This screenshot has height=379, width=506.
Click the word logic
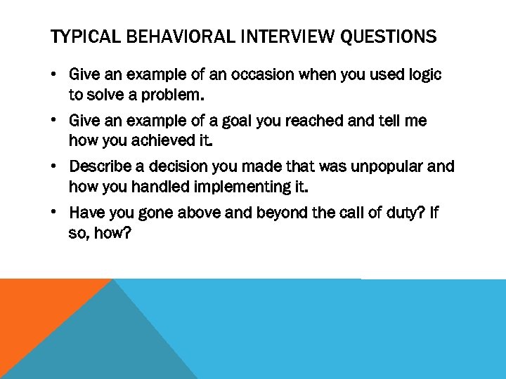click(x=424, y=75)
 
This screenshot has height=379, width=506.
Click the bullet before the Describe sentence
click(x=56, y=168)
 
